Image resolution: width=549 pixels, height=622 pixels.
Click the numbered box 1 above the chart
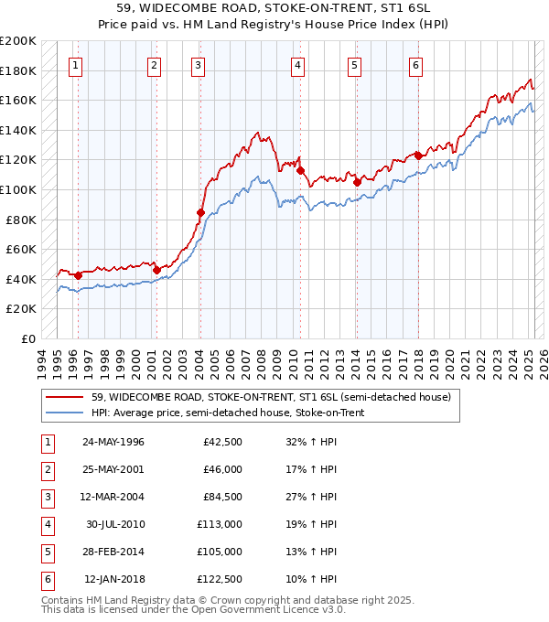pos(74,65)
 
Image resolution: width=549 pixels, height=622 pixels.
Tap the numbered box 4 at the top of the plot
pos(298,65)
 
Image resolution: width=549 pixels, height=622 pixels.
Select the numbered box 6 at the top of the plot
pos(415,65)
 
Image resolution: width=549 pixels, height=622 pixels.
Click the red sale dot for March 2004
pos(200,212)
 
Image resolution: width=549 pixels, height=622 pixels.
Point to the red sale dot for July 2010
pos(300,170)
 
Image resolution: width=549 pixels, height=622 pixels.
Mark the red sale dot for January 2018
pos(418,155)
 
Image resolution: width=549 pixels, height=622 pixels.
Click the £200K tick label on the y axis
pos(18,41)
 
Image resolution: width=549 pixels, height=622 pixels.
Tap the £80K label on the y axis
pos(22,220)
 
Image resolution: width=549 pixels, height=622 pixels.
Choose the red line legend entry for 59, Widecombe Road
pos(270,398)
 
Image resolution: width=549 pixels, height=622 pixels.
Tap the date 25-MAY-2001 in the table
pos(113,469)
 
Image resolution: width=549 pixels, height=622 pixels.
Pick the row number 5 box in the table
pos(46,552)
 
